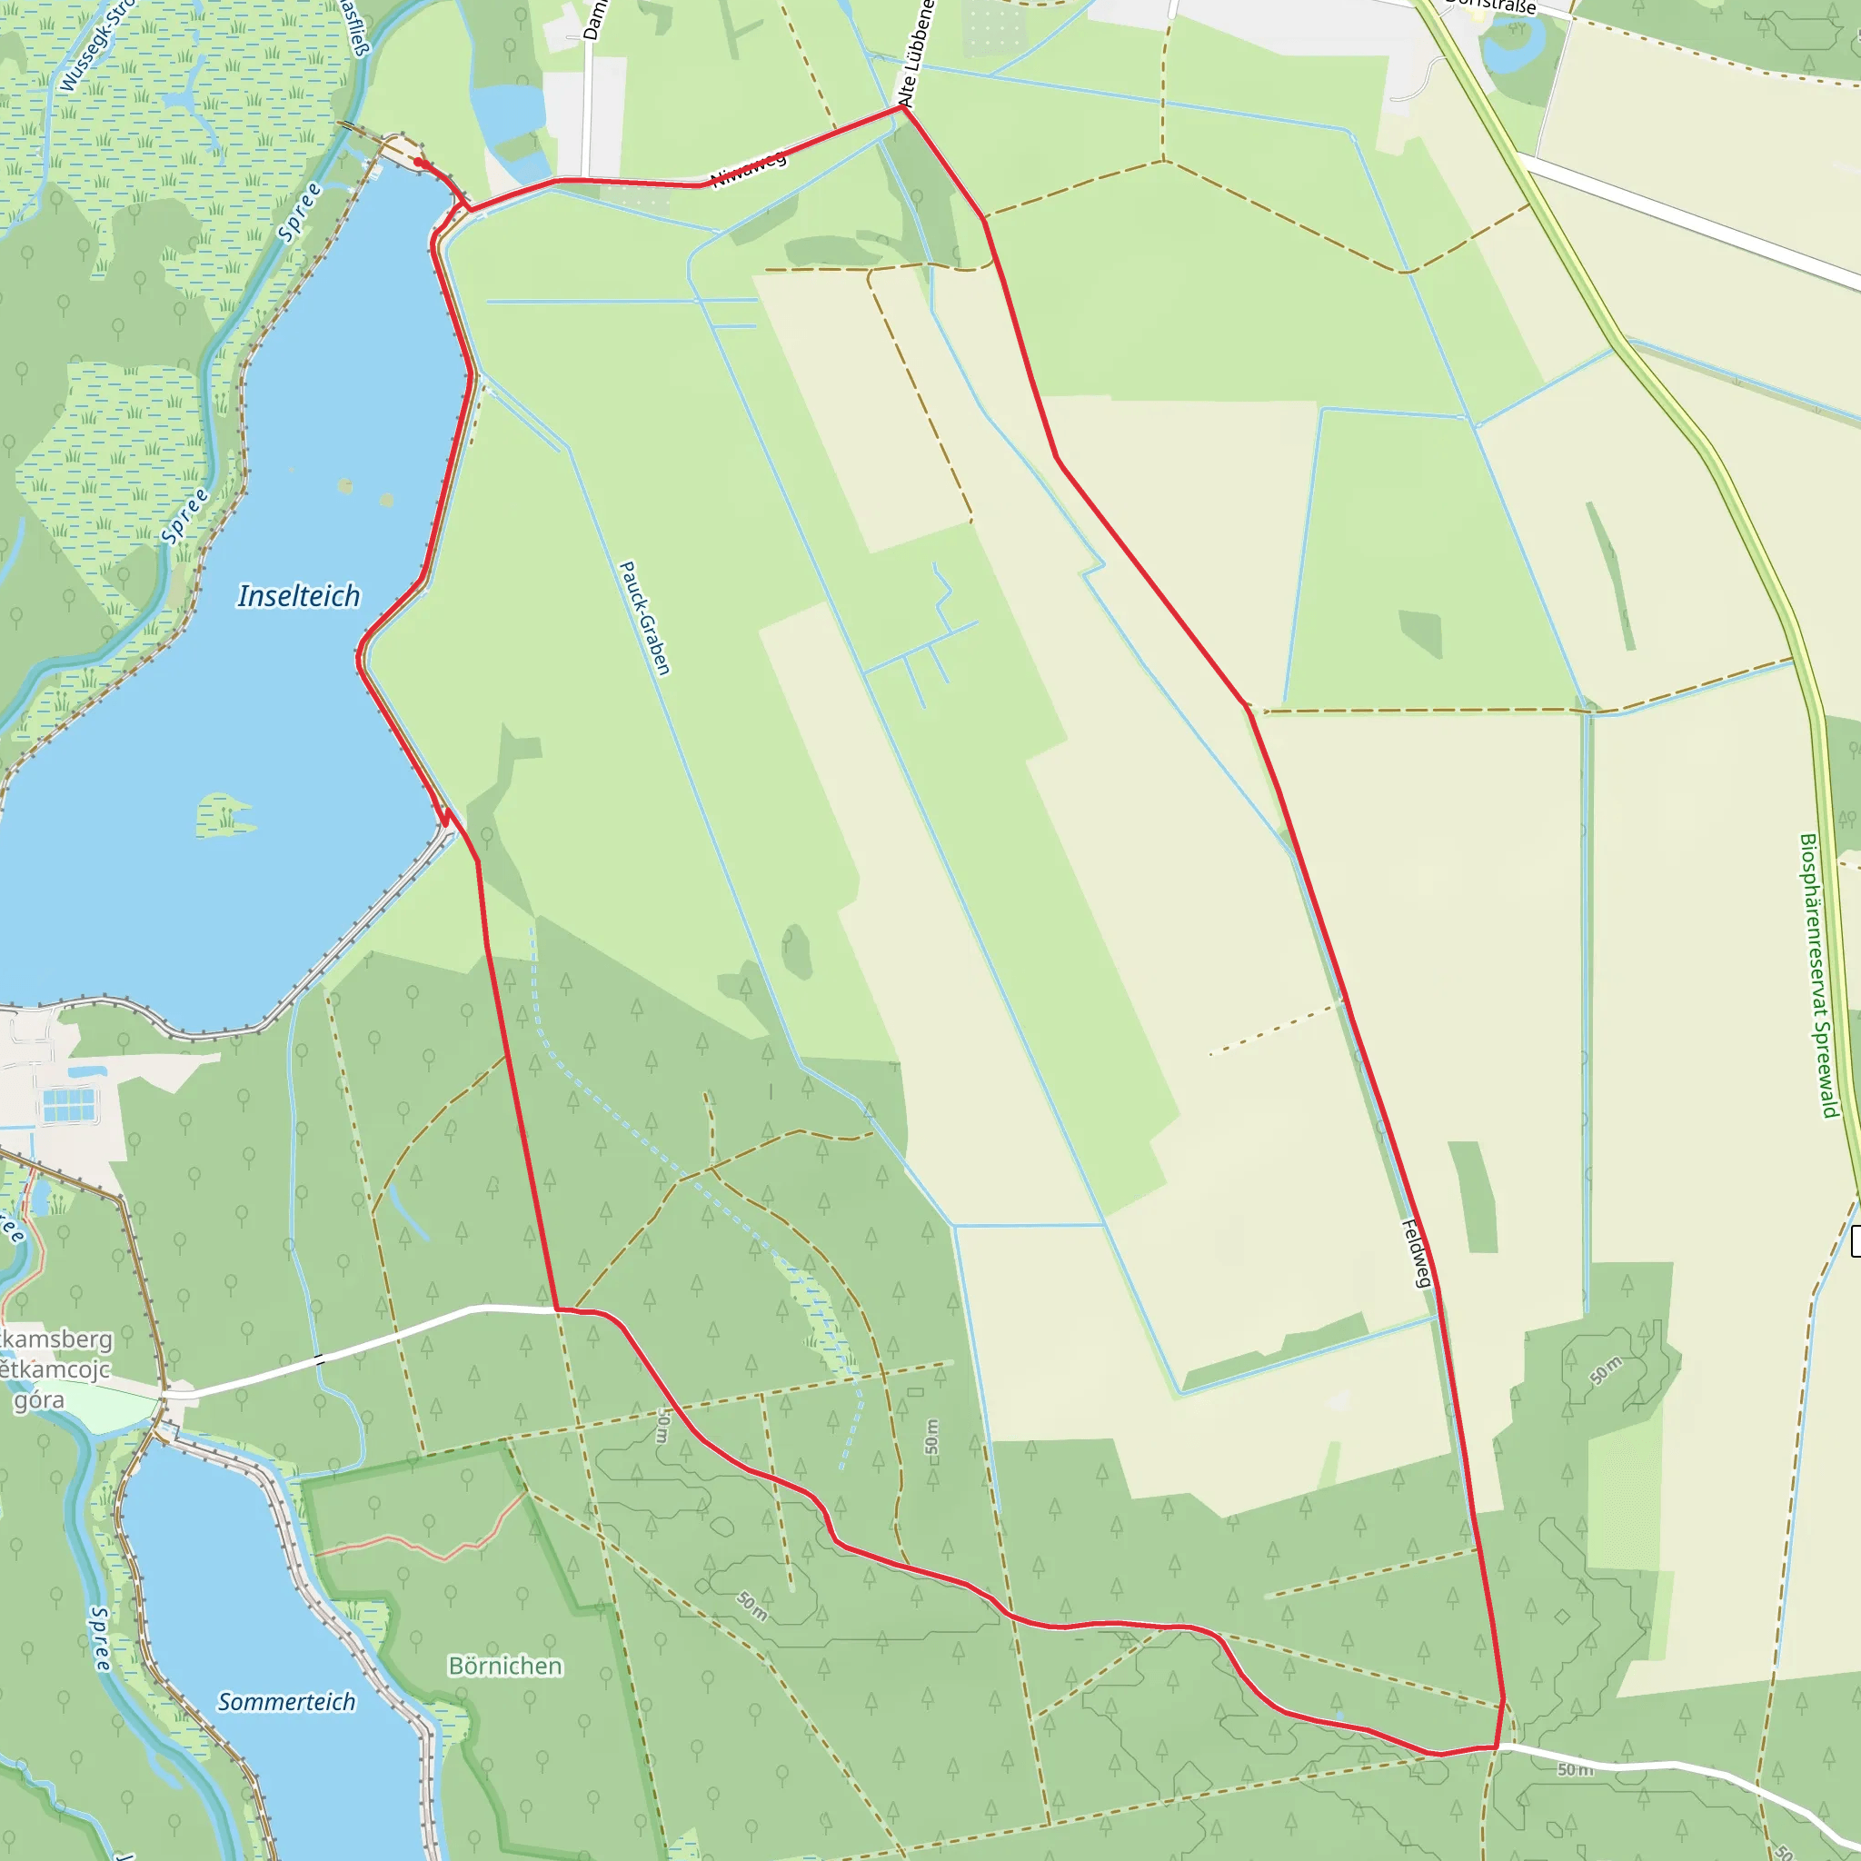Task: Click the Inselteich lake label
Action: point(299,596)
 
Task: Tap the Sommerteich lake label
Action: point(286,1702)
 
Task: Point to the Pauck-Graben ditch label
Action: point(643,619)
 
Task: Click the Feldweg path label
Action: point(1416,1253)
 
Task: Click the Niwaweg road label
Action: point(749,171)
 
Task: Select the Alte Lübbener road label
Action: point(915,53)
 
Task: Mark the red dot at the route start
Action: point(418,163)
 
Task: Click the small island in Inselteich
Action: point(225,815)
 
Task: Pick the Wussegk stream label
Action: point(96,48)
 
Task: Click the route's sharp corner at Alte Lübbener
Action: point(902,107)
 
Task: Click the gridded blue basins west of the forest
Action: point(69,1103)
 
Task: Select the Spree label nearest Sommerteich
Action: point(100,1637)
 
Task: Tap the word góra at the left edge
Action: point(38,1399)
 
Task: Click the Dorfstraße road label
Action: point(1491,5)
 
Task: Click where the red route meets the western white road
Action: point(557,1309)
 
